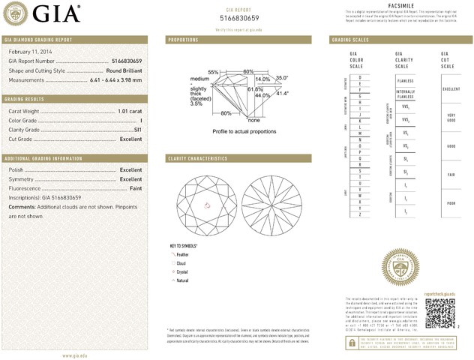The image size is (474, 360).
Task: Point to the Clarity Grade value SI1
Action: [x=137, y=130]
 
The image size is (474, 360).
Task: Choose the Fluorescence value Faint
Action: [x=134, y=188]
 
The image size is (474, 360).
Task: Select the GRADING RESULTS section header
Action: [x=26, y=99]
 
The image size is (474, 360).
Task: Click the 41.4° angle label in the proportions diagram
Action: [x=282, y=94]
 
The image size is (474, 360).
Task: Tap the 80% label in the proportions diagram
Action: [x=226, y=113]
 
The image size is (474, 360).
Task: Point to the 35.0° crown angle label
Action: [x=282, y=77]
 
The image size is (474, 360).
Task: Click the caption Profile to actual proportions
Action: [x=244, y=130]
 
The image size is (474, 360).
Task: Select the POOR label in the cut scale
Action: [x=451, y=202]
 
